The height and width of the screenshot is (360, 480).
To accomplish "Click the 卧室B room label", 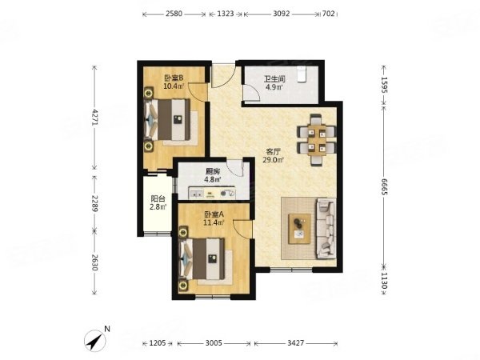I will click(x=174, y=78).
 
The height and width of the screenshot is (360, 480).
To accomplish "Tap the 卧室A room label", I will click(x=213, y=214).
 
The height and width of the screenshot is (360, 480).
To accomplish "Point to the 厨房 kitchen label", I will click(x=212, y=171).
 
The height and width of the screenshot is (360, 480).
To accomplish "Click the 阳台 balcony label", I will click(x=158, y=200).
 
